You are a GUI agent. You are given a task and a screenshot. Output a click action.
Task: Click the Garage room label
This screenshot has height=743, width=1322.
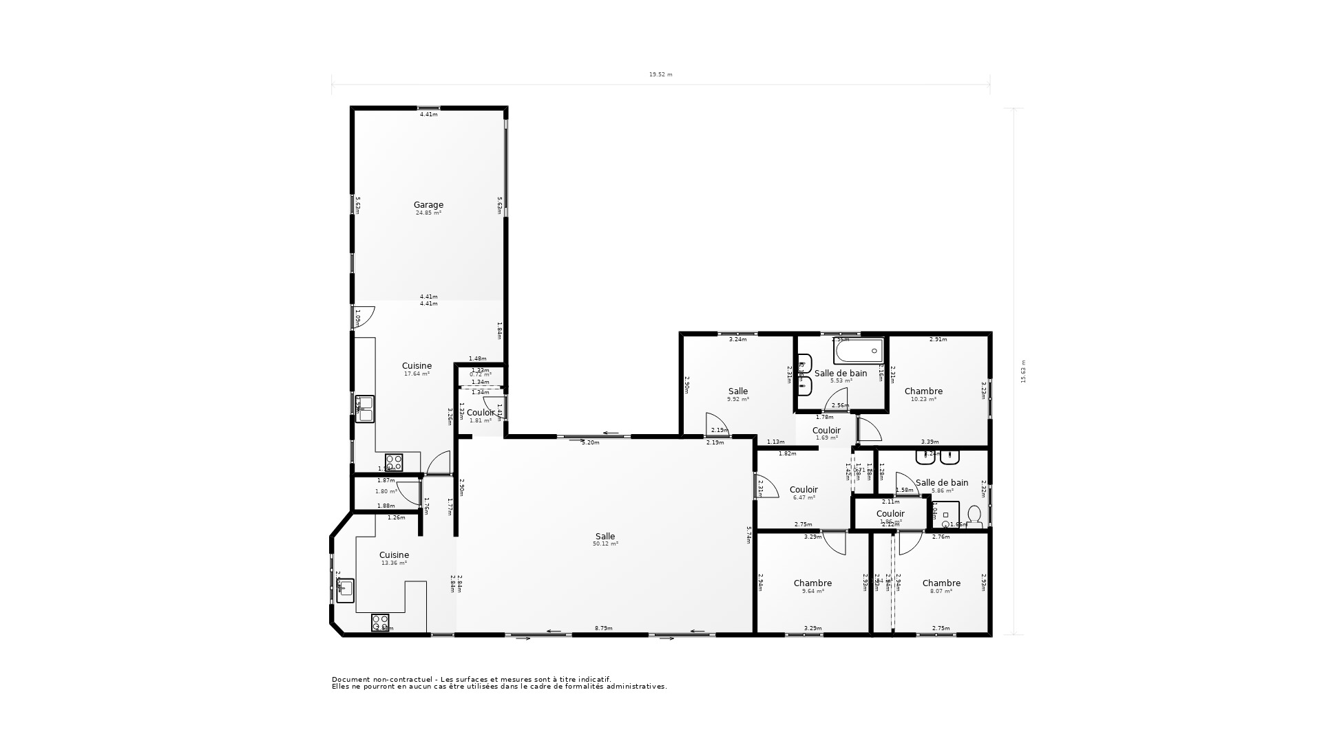coord(428,204)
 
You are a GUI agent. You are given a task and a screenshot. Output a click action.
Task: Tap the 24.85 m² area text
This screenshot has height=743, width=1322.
coord(428,213)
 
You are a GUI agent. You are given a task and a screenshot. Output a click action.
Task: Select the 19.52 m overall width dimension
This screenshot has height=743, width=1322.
coord(660,74)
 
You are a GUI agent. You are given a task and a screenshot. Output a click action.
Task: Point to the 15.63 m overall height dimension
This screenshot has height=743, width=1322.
coord(1023,371)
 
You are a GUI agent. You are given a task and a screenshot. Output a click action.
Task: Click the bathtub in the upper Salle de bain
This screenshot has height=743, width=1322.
coord(858,351)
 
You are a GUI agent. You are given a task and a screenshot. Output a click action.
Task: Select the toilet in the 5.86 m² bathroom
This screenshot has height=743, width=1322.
coord(974,515)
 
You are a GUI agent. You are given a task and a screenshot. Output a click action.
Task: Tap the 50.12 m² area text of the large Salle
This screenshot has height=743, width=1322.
coord(605,544)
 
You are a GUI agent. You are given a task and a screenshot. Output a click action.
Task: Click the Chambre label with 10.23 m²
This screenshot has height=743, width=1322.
coord(923,391)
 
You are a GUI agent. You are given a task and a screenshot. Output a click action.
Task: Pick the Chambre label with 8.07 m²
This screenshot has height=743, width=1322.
coord(941,583)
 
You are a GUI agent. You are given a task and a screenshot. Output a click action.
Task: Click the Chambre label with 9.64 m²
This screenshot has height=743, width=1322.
coord(812,583)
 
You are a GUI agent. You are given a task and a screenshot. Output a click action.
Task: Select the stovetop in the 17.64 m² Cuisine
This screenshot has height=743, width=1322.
coord(394,462)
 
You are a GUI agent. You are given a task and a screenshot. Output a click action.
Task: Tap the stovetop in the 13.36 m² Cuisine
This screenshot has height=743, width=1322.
coord(380,623)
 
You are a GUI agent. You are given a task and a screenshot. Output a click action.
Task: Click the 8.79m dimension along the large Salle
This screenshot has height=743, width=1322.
coord(604,628)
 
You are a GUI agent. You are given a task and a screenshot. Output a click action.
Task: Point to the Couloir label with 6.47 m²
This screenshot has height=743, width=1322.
coord(804,490)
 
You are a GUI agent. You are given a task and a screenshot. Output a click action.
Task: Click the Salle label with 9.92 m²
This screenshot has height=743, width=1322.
coord(738,391)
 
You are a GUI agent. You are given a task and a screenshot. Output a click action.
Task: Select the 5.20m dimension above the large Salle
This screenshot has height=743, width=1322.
coord(591,442)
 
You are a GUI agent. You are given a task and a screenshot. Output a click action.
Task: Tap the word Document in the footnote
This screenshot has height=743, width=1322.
coord(351,679)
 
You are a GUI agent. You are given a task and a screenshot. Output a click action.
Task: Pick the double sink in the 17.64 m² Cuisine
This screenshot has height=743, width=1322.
coord(364,408)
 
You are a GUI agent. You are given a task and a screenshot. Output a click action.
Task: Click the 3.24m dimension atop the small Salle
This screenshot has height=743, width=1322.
coord(737,339)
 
